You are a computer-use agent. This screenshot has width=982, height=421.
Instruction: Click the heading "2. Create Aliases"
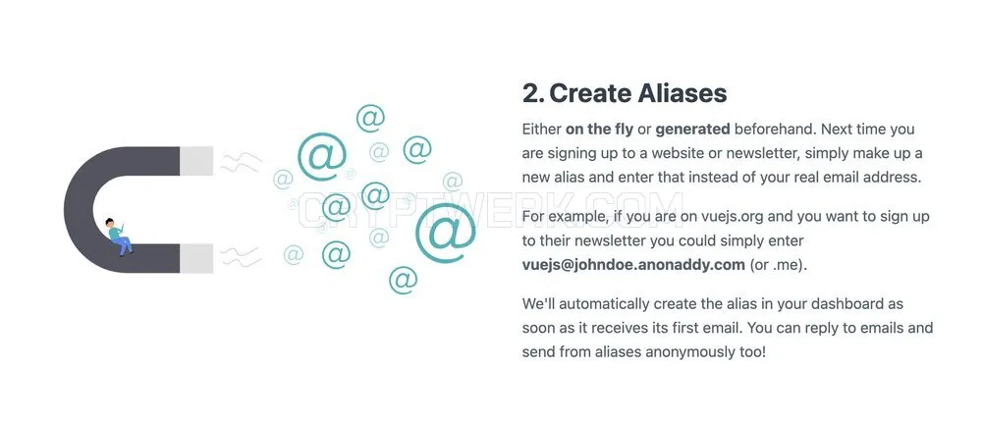(x=625, y=94)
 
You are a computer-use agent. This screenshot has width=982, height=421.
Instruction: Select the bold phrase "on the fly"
(x=599, y=130)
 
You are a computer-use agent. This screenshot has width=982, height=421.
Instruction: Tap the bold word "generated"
(x=692, y=131)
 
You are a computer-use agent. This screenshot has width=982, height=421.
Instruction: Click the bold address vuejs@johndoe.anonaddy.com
(x=633, y=265)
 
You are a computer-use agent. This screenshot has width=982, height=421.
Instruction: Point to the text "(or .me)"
(x=779, y=265)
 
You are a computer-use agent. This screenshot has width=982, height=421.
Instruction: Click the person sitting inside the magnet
(x=119, y=237)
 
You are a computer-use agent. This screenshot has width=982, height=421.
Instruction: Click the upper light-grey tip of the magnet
(x=196, y=161)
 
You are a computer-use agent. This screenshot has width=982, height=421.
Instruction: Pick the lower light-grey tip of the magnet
(x=196, y=258)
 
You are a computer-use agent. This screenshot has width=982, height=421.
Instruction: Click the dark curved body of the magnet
(x=82, y=210)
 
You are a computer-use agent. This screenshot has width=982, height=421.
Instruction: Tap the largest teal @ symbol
(x=445, y=233)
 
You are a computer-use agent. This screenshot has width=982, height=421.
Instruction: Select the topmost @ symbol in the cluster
(x=370, y=118)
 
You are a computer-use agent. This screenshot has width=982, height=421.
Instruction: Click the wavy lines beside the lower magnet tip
(x=241, y=256)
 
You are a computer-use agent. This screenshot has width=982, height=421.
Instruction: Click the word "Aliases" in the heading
(x=682, y=94)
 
